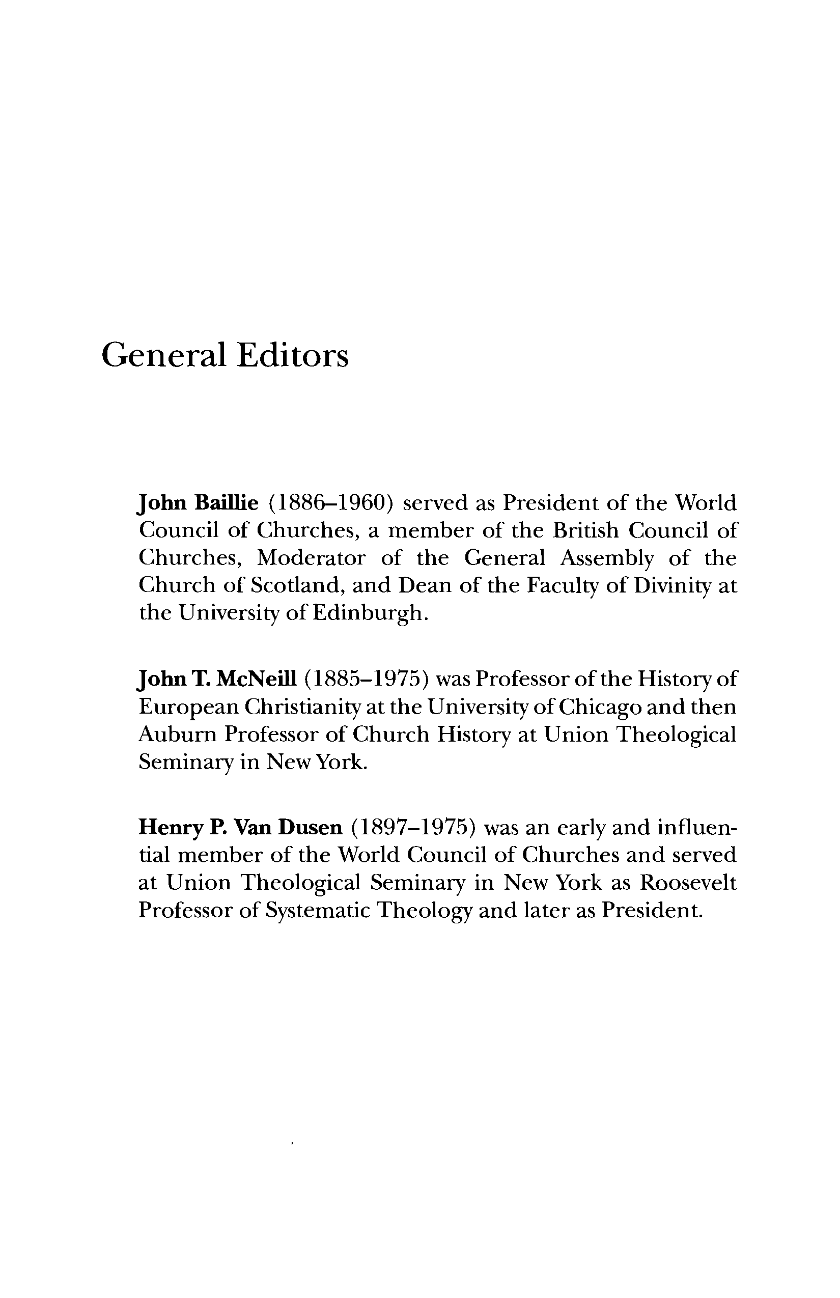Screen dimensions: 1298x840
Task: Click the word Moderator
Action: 312,558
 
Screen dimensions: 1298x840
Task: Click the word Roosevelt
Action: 688,883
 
